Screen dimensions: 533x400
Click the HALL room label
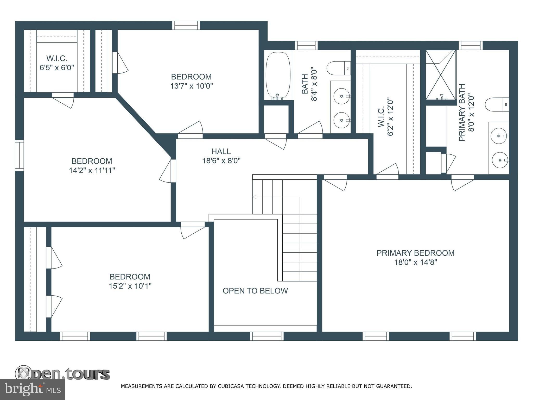coord(221,151)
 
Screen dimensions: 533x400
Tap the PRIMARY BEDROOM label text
coord(415,253)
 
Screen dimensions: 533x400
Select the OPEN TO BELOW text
coord(255,291)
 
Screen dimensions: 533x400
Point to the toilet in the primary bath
coord(497,104)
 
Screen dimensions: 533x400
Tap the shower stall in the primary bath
coord(441,75)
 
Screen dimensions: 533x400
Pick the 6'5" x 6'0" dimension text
coord(57,68)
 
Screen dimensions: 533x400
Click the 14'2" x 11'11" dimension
coord(92,170)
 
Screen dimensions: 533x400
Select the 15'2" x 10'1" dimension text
coord(130,286)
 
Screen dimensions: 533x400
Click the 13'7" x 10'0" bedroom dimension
coord(192,86)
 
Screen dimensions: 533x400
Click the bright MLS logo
coord(32,389)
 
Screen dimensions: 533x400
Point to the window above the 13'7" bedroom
coord(186,25)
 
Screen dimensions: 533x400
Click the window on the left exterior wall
coord(19,155)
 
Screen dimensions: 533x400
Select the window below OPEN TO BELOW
coord(267,336)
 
